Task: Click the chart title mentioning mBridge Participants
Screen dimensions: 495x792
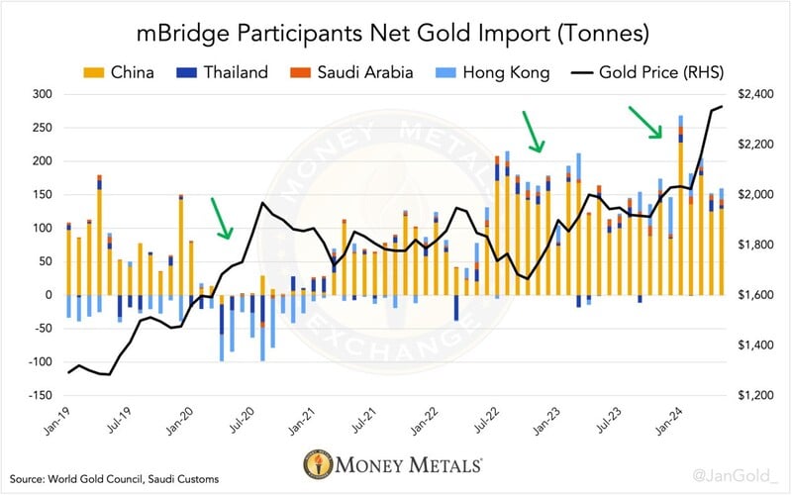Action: click(x=396, y=33)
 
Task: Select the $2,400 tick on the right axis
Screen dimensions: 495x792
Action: click(x=751, y=94)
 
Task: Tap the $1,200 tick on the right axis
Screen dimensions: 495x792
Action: click(x=751, y=396)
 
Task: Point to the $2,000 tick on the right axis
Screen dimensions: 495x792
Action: click(x=751, y=195)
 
